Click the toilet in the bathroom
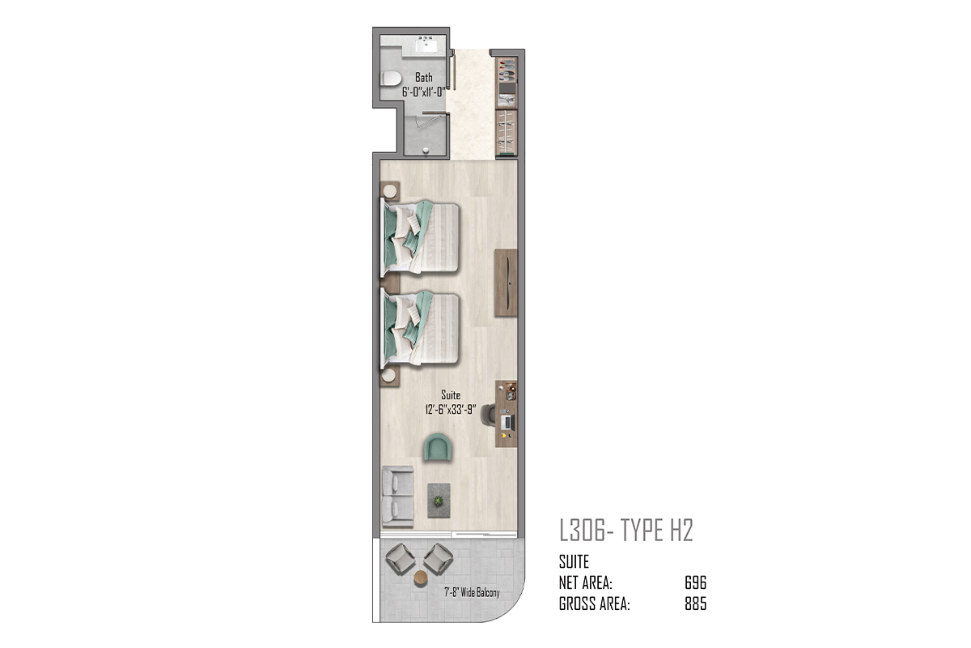(392, 79)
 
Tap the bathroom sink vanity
(424, 46)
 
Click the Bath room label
(424, 77)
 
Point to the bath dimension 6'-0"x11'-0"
(424, 92)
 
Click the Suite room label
(451, 395)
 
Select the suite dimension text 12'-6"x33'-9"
(451, 409)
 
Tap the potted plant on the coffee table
(439, 501)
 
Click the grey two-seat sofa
(397, 497)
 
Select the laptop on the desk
(507, 421)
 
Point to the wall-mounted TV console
(506, 283)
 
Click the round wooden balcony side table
(421, 578)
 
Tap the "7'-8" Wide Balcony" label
(472, 592)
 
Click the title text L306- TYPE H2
(626, 531)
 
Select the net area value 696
(695, 583)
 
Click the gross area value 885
(695, 603)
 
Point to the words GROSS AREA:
(594, 603)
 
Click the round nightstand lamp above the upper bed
(390, 191)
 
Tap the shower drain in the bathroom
(426, 151)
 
